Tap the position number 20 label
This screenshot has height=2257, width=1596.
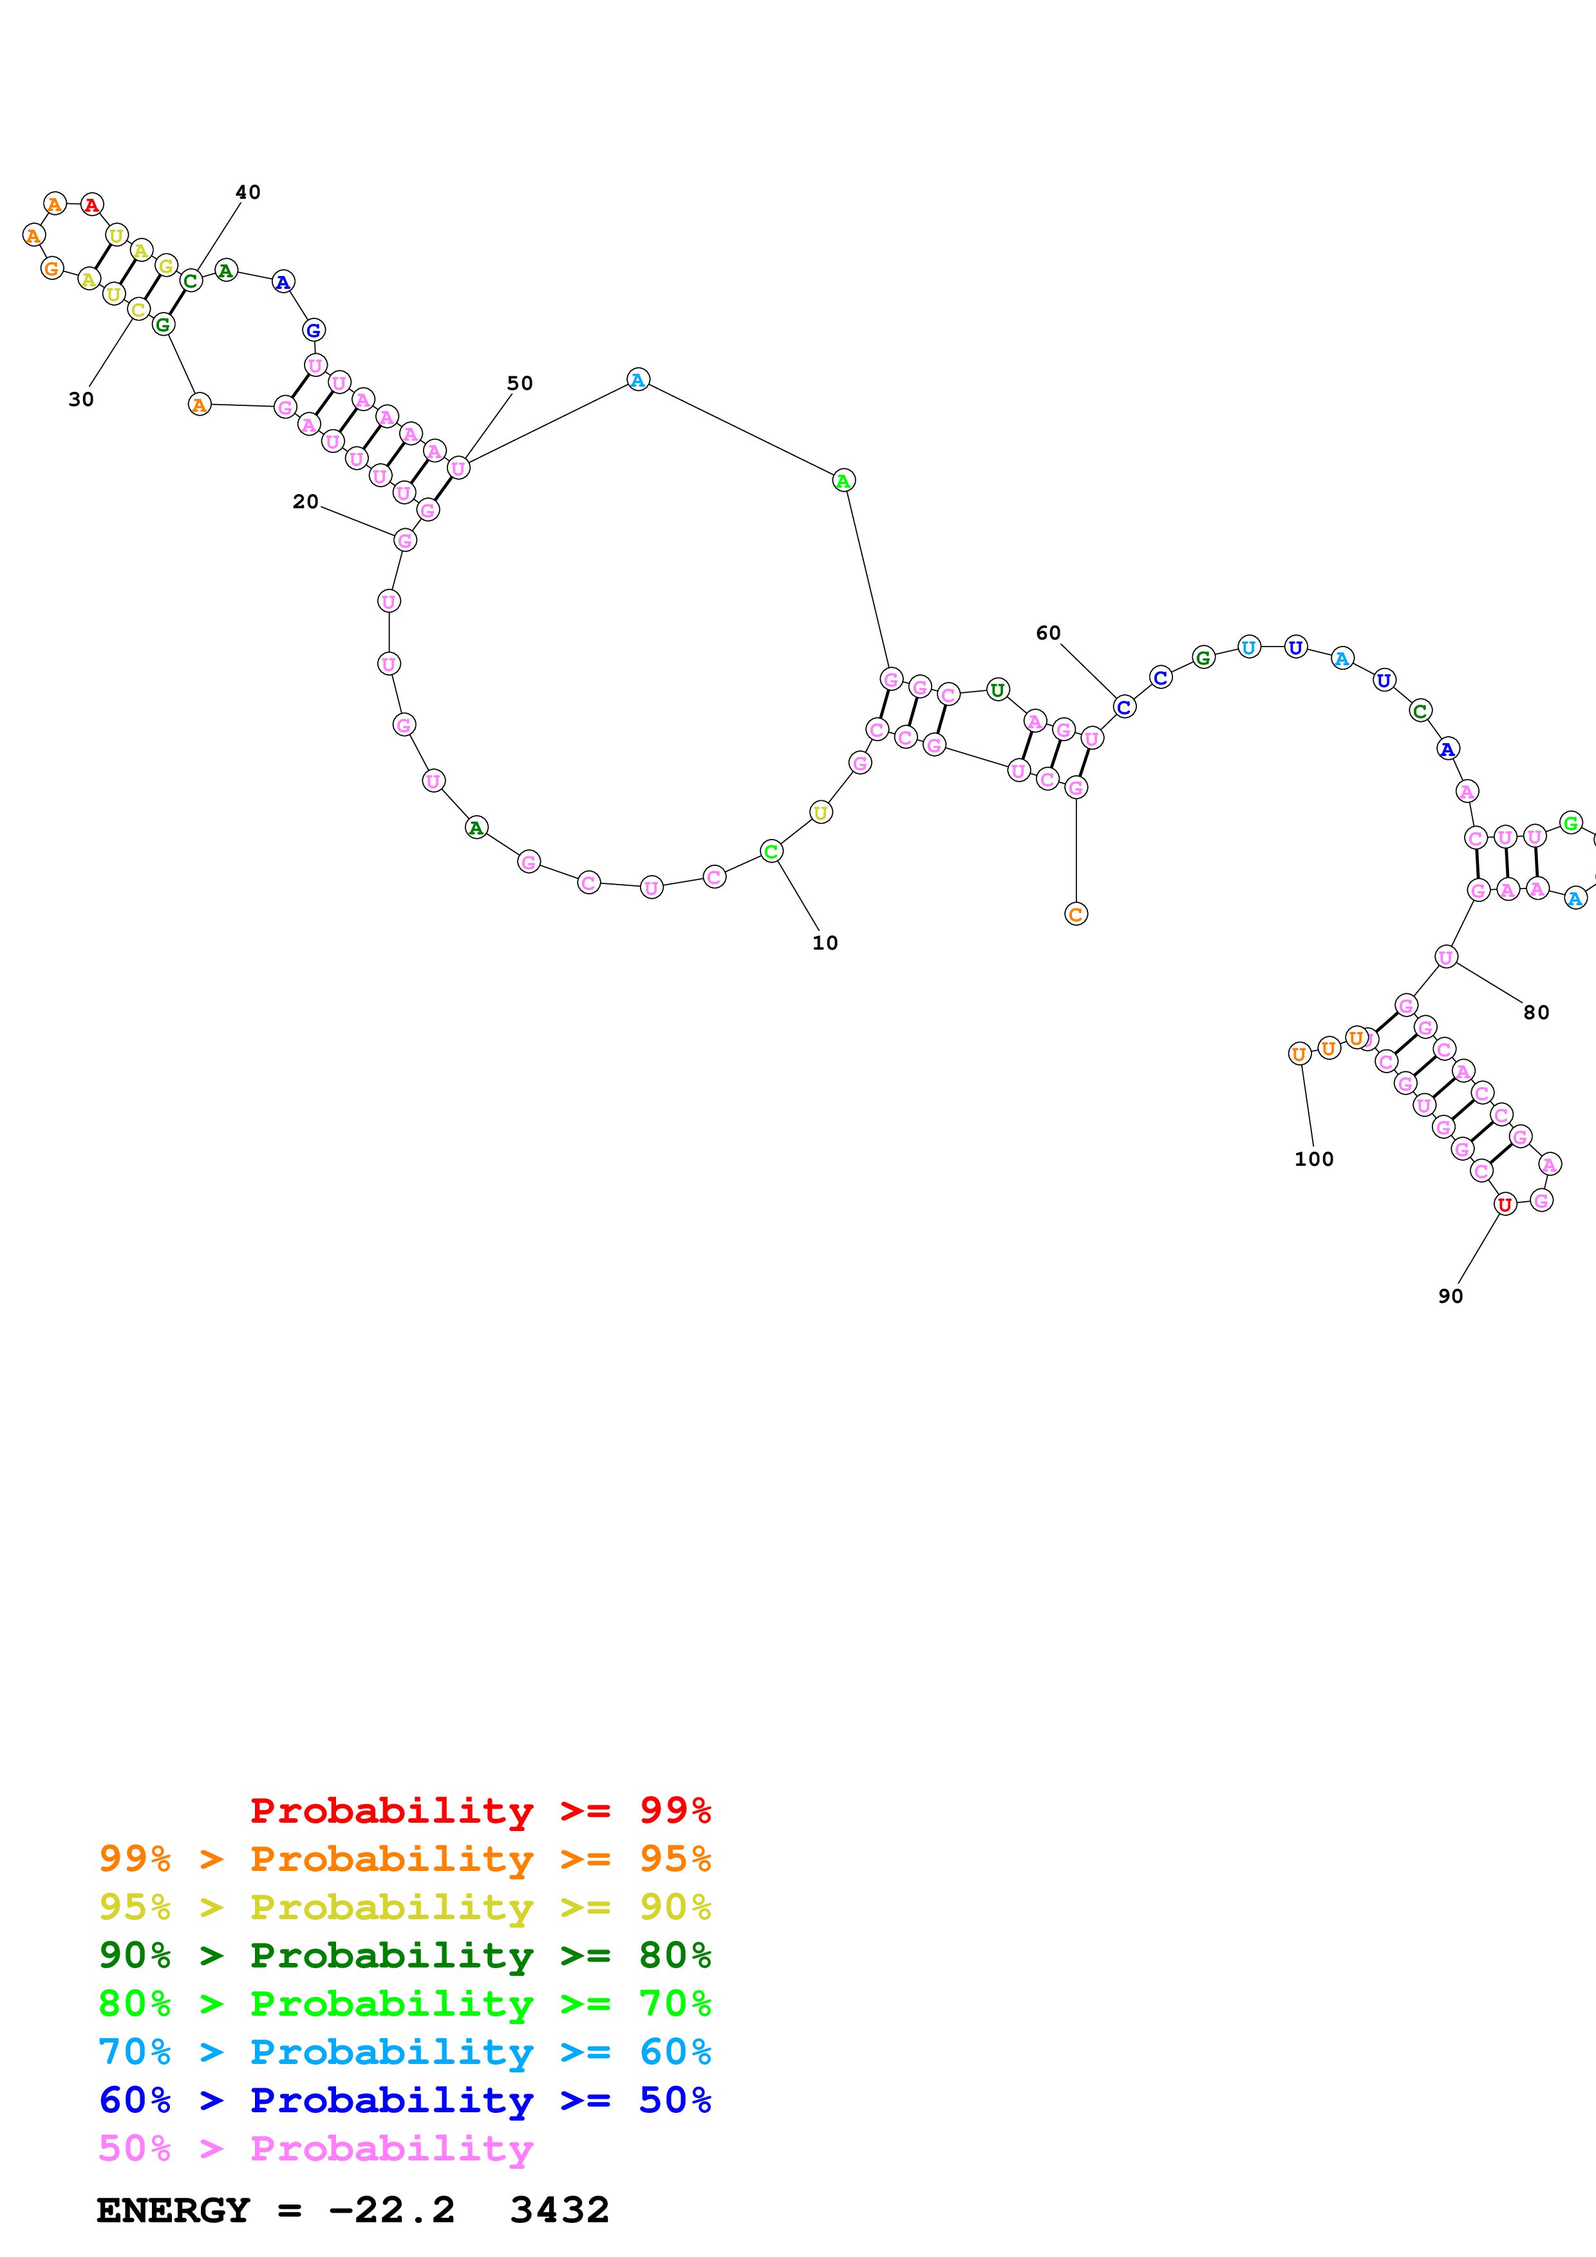(x=306, y=501)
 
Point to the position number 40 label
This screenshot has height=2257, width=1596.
(x=248, y=192)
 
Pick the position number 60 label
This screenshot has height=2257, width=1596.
(x=1048, y=633)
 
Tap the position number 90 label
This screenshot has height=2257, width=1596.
(x=1450, y=1296)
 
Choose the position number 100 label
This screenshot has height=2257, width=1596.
(x=1314, y=1159)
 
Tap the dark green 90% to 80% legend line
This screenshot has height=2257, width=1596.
(x=405, y=1955)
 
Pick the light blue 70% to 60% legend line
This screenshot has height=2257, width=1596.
(x=405, y=2052)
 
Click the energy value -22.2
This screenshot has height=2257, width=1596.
(x=391, y=2210)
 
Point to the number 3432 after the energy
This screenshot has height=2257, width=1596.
(x=559, y=2210)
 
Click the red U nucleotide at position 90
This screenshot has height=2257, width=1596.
(x=1505, y=1204)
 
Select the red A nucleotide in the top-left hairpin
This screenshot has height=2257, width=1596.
(x=91, y=205)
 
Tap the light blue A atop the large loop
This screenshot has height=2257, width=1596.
(x=638, y=380)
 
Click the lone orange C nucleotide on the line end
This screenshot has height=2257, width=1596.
(x=1076, y=914)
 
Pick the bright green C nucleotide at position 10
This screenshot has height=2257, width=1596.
(x=771, y=851)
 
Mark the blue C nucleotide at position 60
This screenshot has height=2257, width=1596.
(x=1124, y=707)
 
